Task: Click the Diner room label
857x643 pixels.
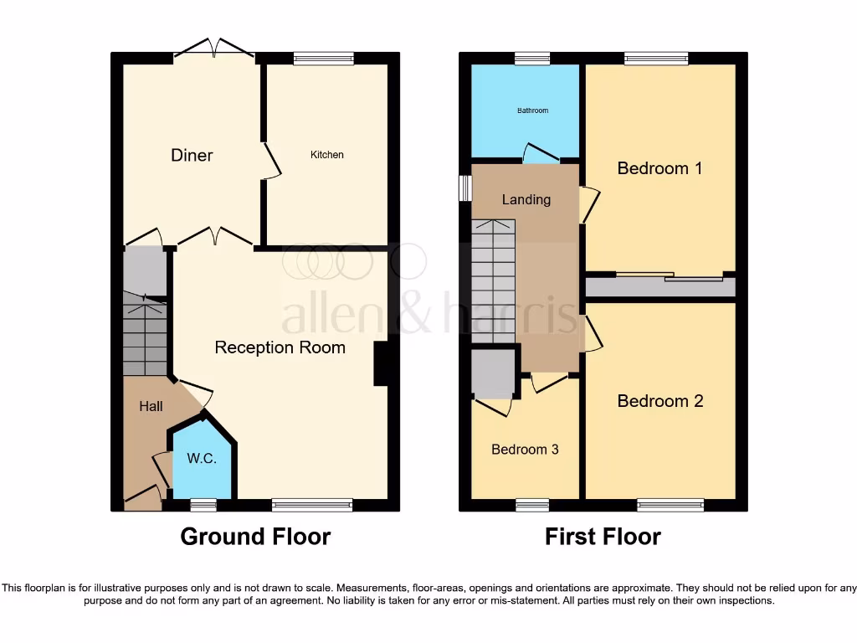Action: click(192, 155)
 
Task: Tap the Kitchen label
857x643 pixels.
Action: click(327, 155)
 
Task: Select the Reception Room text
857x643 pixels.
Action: click(280, 347)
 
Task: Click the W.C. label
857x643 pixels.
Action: click(203, 459)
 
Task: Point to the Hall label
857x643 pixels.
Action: click(151, 407)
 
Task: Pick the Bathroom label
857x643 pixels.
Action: click(532, 111)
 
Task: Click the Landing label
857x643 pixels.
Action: click(526, 199)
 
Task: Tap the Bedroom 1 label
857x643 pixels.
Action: click(659, 168)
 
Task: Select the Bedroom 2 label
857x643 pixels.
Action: click(660, 401)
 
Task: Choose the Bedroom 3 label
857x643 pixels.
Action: click(525, 450)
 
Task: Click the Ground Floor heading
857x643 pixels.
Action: click(255, 537)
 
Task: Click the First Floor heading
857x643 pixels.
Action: click(603, 537)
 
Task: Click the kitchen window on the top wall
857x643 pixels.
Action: click(324, 59)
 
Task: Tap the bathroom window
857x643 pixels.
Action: click(532, 59)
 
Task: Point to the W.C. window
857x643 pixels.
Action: click(203, 505)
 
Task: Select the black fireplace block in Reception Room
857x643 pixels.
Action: click(381, 363)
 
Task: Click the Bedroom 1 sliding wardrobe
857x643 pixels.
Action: click(660, 286)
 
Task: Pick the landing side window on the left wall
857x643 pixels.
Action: click(464, 188)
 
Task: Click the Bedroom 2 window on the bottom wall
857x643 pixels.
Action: click(670, 505)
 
